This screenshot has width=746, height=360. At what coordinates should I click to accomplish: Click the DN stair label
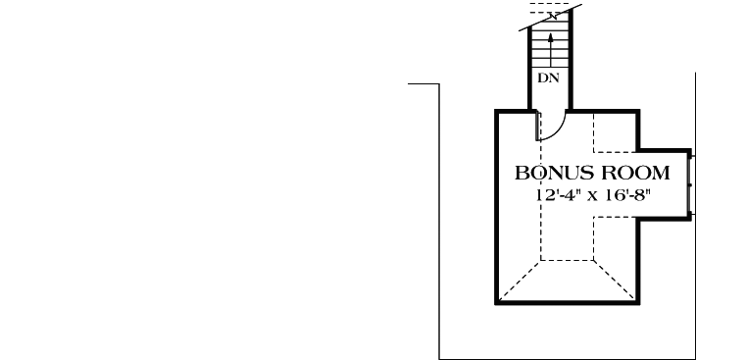pyautogui.click(x=548, y=76)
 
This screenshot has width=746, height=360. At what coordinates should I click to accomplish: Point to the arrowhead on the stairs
pyautogui.click(x=551, y=36)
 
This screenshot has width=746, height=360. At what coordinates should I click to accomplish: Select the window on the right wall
pyautogui.click(x=692, y=183)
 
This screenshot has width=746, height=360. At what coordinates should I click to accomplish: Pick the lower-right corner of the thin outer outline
pyautogui.click(x=695, y=357)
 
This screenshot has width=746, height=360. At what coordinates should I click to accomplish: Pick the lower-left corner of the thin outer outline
pyautogui.click(x=438, y=357)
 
